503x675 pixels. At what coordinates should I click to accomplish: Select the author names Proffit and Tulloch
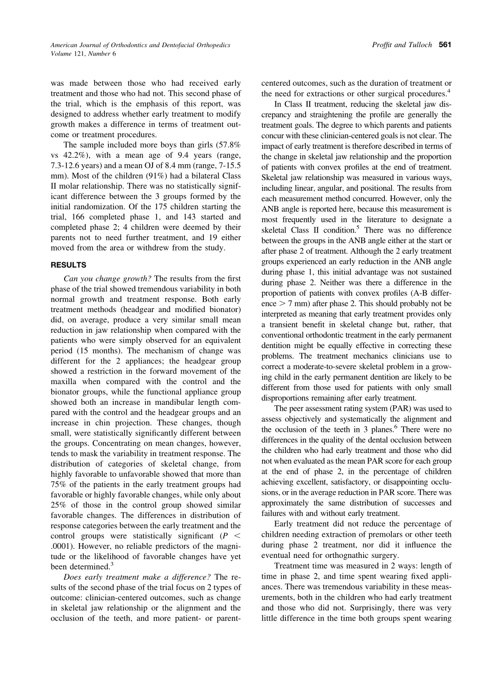coord(402,45)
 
